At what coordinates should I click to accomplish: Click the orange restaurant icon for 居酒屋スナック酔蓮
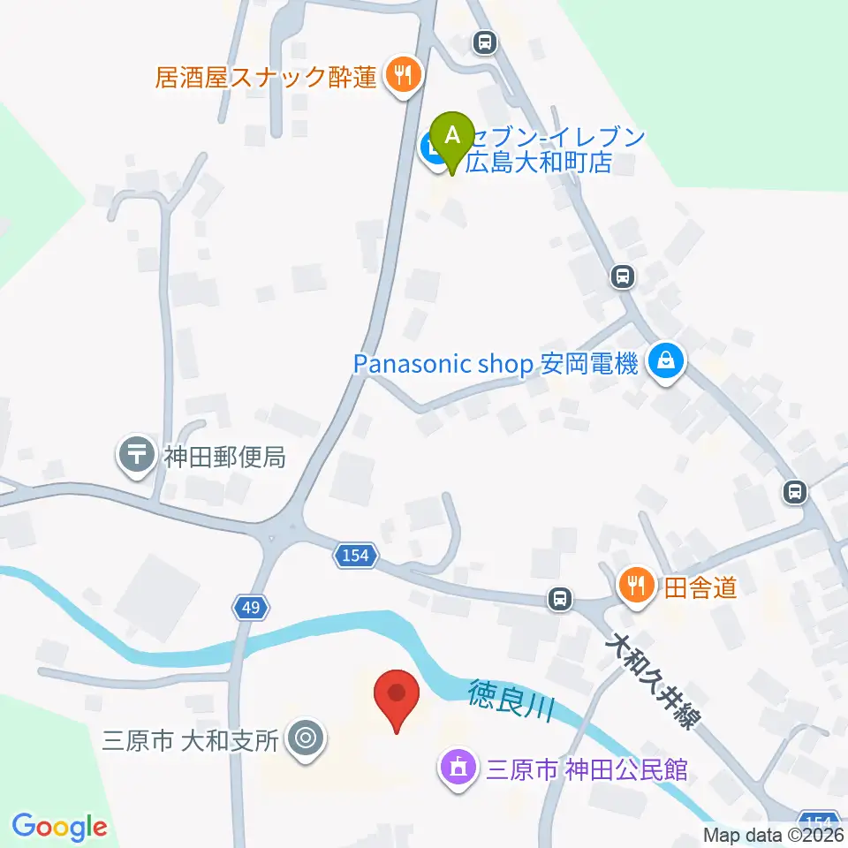pos(402,76)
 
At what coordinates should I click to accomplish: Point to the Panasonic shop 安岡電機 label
pos(496,364)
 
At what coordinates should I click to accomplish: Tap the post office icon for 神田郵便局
pos(137,456)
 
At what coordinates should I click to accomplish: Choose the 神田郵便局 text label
pos(224,457)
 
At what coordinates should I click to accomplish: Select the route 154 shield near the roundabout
pos(356,556)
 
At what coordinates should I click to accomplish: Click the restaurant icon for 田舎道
pos(636,584)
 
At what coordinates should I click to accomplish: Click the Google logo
pos(59,826)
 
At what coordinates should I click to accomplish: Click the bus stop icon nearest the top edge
pos(483,41)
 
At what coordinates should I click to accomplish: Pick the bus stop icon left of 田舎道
pos(558,599)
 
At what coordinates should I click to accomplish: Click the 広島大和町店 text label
pos(539,163)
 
